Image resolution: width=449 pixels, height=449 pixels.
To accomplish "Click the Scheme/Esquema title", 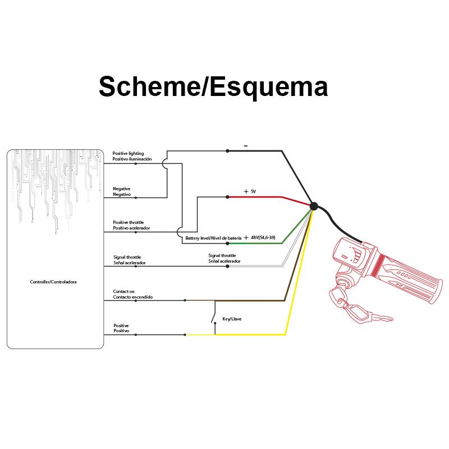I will (213, 87).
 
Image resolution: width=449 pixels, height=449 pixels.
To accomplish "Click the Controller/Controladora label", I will (54, 282).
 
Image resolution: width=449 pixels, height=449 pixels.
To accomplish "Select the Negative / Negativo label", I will (122, 191).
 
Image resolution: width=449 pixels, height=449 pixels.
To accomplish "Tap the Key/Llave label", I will (232, 318).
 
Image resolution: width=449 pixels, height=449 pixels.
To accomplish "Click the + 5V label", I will (250, 191).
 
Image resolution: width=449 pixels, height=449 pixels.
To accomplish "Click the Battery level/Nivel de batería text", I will (213, 239).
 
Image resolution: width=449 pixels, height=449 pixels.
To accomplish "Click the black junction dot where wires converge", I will (313, 206).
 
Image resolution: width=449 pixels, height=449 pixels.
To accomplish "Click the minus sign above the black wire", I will (245, 146).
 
